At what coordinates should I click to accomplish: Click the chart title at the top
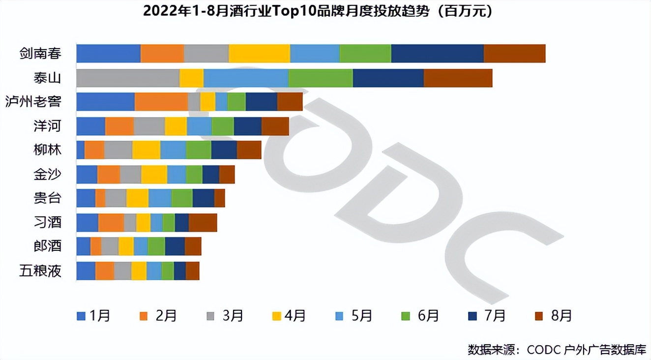pyautogui.click(x=318, y=11)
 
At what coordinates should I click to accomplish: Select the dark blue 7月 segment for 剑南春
pyautogui.click(x=437, y=54)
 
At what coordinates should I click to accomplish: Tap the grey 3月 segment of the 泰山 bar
pyautogui.click(x=128, y=78)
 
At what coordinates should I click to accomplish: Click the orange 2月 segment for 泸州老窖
pyautogui.click(x=161, y=102)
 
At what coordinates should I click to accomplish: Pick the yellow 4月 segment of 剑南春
pyautogui.click(x=259, y=54)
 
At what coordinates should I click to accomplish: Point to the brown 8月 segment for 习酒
pyautogui.click(x=203, y=222)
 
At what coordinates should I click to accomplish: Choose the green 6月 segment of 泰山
pyautogui.click(x=321, y=78)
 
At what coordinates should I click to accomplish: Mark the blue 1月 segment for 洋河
pyautogui.click(x=90, y=126)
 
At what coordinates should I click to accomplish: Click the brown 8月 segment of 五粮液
pyautogui.click(x=192, y=270)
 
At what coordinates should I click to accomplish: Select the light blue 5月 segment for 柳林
pyautogui.click(x=173, y=150)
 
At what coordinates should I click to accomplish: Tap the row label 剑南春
pyautogui.click(x=40, y=54)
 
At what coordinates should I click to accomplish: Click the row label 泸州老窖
pyautogui.click(x=33, y=102)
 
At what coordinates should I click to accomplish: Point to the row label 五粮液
pyautogui.click(x=40, y=270)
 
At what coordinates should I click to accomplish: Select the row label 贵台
pyautogui.click(x=47, y=198)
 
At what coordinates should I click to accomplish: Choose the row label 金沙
pyautogui.click(x=47, y=174)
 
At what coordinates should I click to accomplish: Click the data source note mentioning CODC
pyautogui.click(x=556, y=350)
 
